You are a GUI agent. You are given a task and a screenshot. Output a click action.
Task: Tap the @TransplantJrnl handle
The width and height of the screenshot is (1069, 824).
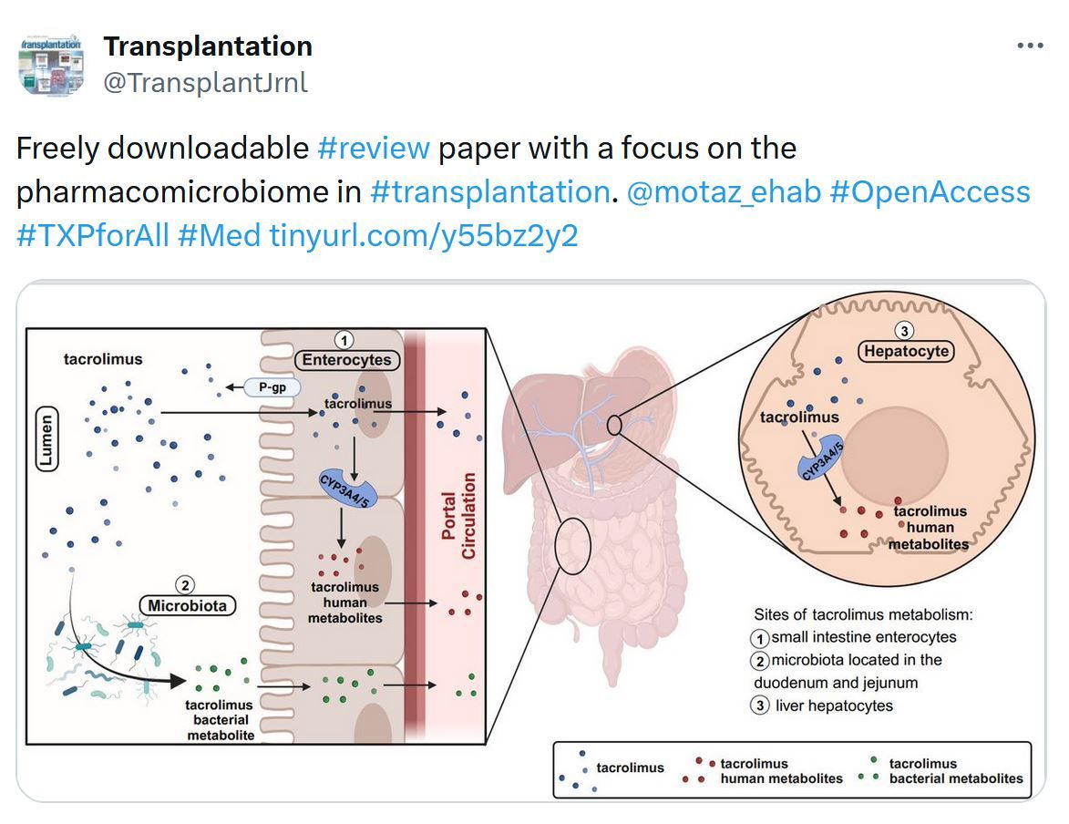(x=205, y=83)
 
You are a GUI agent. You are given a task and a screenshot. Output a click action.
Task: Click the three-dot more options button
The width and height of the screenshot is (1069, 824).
(x=1030, y=46)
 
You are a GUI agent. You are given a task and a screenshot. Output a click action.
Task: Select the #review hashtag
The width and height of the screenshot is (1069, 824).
(x=374, y=148)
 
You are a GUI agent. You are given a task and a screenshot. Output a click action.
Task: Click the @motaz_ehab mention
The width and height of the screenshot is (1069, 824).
(x=724, y=191)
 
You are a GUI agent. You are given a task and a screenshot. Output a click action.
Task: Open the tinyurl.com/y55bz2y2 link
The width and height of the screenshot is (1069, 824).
(x=424, y=236)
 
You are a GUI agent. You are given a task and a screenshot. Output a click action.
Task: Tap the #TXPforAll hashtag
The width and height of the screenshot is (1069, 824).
(x=93, y=236)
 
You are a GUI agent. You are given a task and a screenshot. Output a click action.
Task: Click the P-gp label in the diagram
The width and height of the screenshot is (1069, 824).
(x=272, y=387)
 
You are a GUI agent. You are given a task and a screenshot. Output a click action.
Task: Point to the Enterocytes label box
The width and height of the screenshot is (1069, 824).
(x=347, y=360)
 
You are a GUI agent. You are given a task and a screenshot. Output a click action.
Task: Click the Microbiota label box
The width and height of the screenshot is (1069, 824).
(x=188, y=606)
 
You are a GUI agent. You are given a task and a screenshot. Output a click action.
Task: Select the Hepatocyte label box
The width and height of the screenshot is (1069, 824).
(x=906, y=351)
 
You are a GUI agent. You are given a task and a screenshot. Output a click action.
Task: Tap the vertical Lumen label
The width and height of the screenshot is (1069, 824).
(x=46, y=440)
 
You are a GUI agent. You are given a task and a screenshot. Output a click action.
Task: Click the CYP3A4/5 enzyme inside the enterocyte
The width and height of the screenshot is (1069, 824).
(x=347, y=489)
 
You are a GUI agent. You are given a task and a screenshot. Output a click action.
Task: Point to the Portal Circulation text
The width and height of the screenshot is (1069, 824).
(x=458, y=516)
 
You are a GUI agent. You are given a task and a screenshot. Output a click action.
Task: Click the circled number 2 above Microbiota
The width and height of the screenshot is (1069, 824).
(x=185, y=585)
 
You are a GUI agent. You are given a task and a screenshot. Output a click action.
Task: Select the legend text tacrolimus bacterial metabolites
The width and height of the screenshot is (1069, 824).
(x=956, y=771)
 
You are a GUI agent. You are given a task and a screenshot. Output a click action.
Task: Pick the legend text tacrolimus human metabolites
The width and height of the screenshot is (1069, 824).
(x=781, y=771)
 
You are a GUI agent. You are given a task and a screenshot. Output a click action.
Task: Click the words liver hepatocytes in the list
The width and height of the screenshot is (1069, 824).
(x=834, y=706)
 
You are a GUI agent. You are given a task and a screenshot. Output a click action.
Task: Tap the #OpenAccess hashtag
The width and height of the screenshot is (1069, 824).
(x=930, y=191)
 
